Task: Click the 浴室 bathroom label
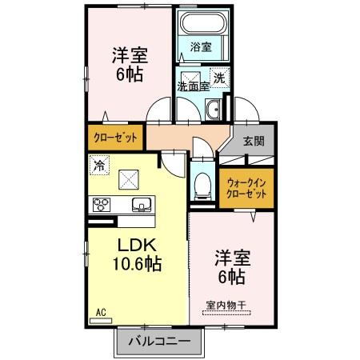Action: coord(201,47)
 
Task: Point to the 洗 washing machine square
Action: coord(221,79)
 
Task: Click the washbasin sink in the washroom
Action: coord(214,110)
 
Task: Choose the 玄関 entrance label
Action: coord(254,141)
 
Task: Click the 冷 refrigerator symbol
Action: coord(99,166)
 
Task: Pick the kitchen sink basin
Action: coord(141,203)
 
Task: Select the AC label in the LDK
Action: coord(102,310)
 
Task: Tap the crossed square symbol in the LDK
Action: coord(128,180)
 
